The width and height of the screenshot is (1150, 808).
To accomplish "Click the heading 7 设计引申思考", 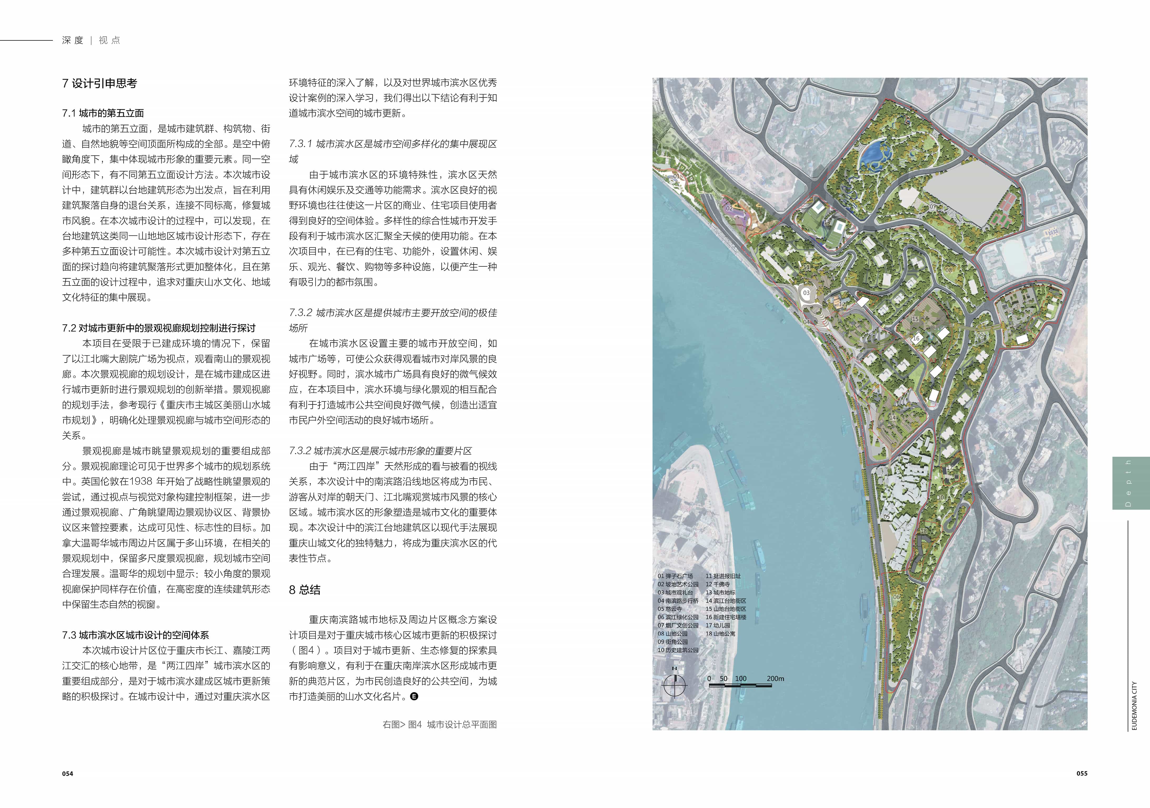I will (x=100, y=84).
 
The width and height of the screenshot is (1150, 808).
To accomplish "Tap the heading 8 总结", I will (x=304, y=590).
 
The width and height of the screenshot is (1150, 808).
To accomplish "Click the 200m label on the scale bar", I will (x=775, y=679).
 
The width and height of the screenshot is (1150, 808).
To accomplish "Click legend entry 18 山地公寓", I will (x=720, y=634).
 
